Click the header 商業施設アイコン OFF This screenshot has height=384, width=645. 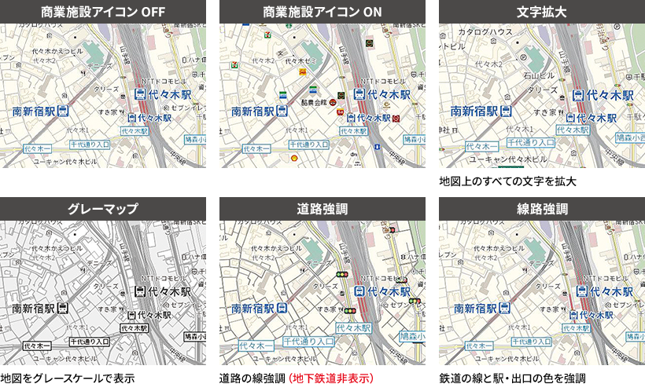tap(103, 13)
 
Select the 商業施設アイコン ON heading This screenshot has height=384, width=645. tap(322, 13)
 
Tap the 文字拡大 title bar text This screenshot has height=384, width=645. tap(542, 13)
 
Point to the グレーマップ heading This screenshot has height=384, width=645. tap(103, 209)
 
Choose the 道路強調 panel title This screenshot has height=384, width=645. tap(322, 209)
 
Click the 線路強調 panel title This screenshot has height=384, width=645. tap(542, 209)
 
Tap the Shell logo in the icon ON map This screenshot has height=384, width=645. tap(294, 158)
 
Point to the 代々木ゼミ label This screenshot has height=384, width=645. tap(300, 60)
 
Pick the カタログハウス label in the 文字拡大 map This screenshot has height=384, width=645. tap(485, 32)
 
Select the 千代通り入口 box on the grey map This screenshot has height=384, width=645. tap(89, 342)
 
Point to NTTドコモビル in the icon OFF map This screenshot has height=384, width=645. tap(164, 81)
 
